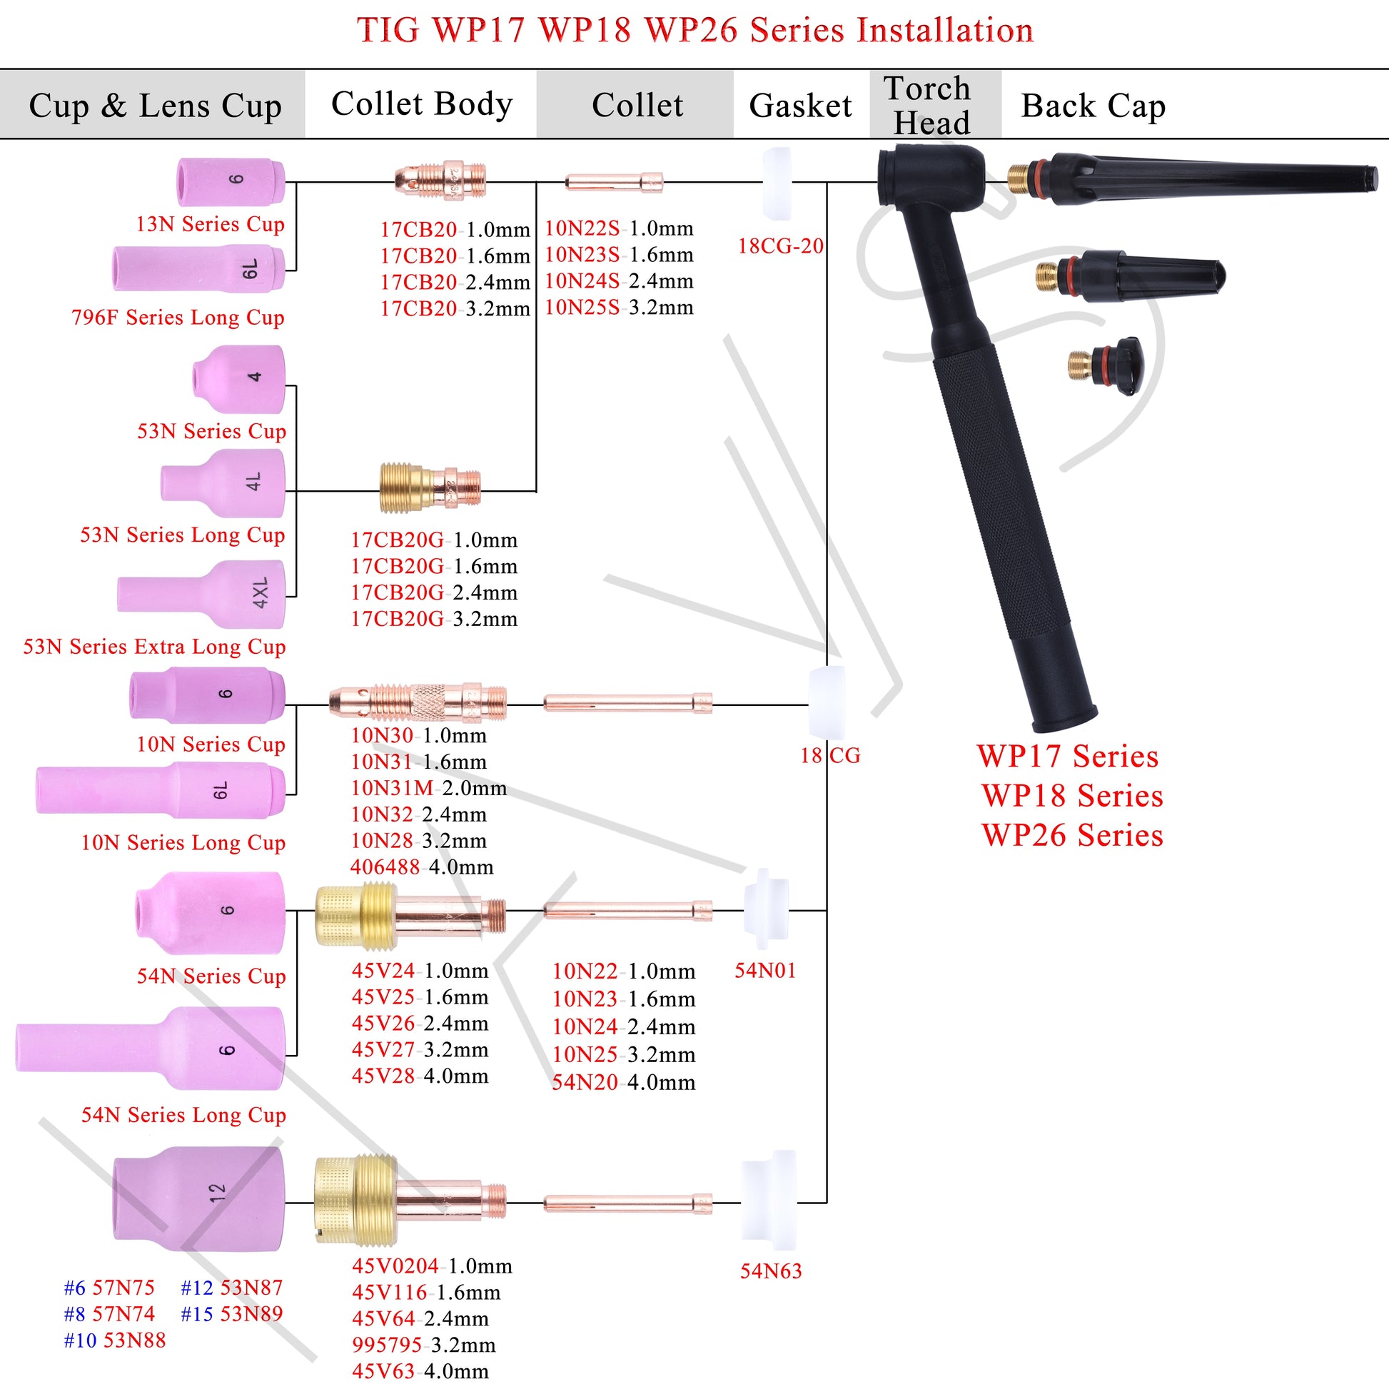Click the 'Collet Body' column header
tap(421, 104)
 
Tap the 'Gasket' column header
tap(799, 106)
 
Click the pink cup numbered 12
tap(199, 1198)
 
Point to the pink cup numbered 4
tap(238, 378)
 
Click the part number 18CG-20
tap(780, 246)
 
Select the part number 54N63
tap(771, 1271)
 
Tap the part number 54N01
tap(765, 971)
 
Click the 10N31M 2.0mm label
tap(428, 788)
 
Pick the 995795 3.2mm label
tap(423, 1345)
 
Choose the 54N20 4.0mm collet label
tap(623, 1082)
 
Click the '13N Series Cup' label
tap(210, 224)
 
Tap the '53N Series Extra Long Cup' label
tap(155, 647)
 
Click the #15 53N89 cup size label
tap(231, 1313)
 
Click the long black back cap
tap(1193, 179)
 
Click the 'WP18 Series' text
tap(1071, 796)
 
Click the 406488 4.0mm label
tap(422, 867)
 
